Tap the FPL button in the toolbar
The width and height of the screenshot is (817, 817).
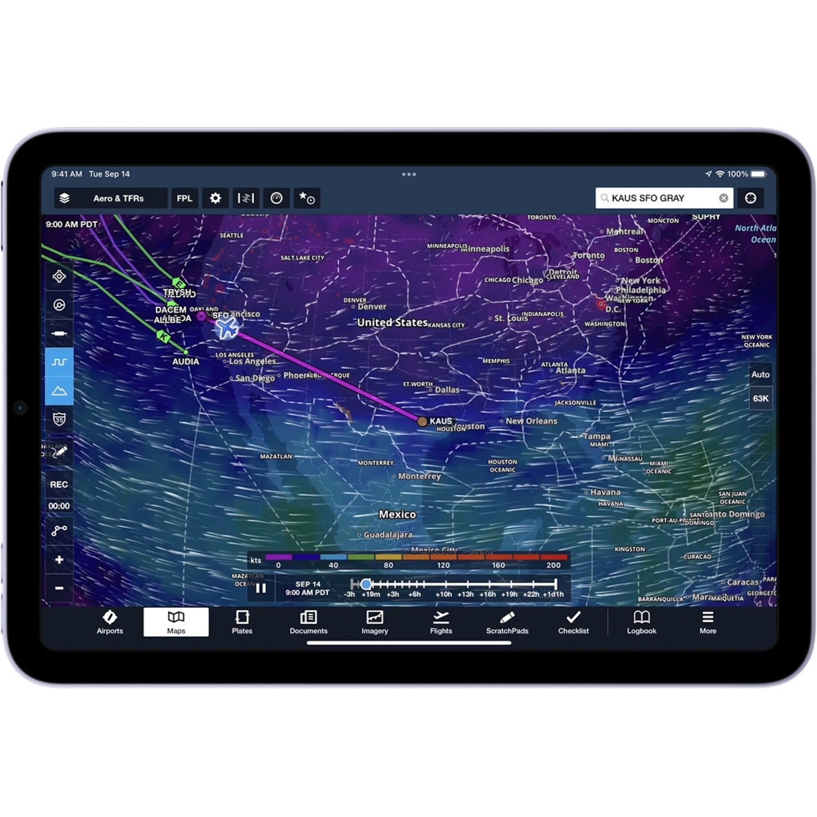point(184,198)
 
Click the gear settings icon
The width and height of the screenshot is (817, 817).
point(215,198)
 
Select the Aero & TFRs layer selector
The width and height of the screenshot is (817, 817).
point(110,198)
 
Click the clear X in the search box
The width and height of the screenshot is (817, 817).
point(723,198)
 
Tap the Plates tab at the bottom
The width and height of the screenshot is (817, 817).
point(242,622)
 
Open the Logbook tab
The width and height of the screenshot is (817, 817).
point(641,622)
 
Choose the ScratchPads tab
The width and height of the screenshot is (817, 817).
point(507,622)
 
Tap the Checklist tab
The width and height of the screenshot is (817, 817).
point(573,622)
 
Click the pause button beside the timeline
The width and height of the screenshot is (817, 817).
point(261,588)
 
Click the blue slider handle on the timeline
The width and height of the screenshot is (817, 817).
point(366,584)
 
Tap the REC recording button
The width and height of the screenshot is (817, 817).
point(59,484)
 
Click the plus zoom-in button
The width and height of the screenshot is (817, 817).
point(59,559)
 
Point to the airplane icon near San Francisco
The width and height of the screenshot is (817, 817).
point(227,328)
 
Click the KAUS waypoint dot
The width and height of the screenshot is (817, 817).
point(422,422)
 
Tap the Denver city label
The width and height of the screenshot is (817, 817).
point(372,307)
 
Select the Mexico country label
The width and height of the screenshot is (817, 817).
point(397,514)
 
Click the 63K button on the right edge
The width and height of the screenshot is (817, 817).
point(760,398)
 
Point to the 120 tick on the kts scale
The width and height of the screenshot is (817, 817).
point(443,565)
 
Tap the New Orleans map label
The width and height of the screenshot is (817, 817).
point(531,421)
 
